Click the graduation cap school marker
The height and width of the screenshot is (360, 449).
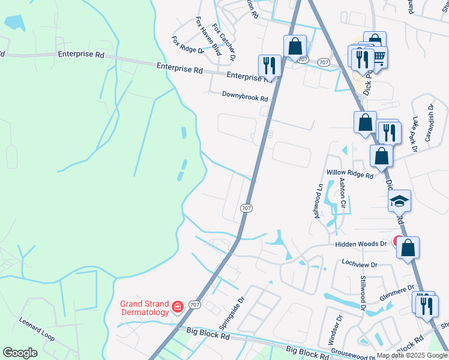click(x=399, y=202)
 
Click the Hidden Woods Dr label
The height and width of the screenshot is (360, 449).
click(x=361, y=244)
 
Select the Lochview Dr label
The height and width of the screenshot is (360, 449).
click(x=358, y=264)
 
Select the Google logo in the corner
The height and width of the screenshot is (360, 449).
click(x=20, y=353)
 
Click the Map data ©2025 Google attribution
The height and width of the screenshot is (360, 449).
click(x=412, y=355)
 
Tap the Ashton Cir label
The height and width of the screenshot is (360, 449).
click(x=343, y=193)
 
